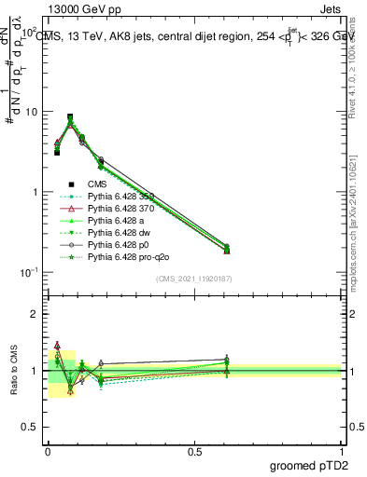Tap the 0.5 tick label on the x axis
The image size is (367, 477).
tap(194, 450)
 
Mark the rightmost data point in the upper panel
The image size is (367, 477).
tap(227, 250)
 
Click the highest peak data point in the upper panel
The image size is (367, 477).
tap(70, 117)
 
